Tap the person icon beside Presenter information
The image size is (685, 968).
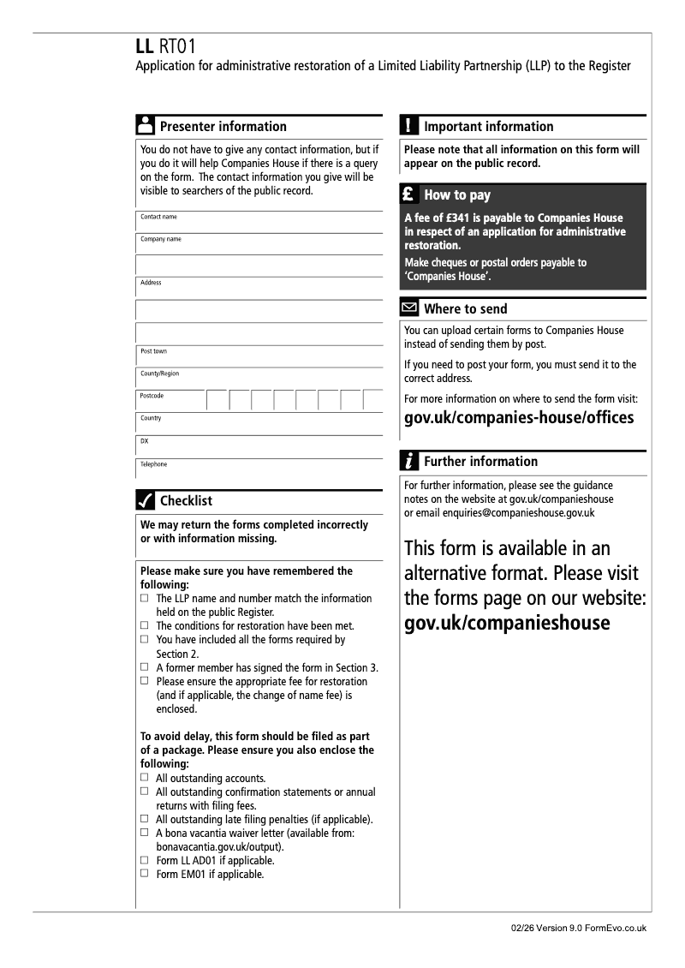pyautogui.click(x=146, y=126)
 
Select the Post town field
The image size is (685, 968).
pyautogui.click(x=259, y=356)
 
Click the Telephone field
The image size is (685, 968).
pyautogui.click(x=259, y=469)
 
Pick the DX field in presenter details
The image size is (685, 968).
pyautogui.click(x=259, y=445)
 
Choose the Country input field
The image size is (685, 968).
pyautogui.click(x=259, y=423)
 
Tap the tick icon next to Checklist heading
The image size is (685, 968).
pyautogui.click(x=146, y=500)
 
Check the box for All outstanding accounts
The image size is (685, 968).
pyautogui.click(x=145, y=778)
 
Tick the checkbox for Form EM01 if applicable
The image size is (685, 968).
pyautogui.click(x=145, y=874)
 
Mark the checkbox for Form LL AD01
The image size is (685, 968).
pyautogui.click(x=145, y=860)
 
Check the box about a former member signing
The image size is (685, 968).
pyautogui.click(x=145, y=667)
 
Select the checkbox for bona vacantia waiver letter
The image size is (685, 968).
pyautogui.click(x=145, y=833)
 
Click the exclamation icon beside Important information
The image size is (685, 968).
pyautogui.click(x=409, y=126)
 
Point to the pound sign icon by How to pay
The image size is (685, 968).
pyautogui.click(x=409, y=194)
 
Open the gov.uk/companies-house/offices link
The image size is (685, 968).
pyautogui.click(x=519, y=418)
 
